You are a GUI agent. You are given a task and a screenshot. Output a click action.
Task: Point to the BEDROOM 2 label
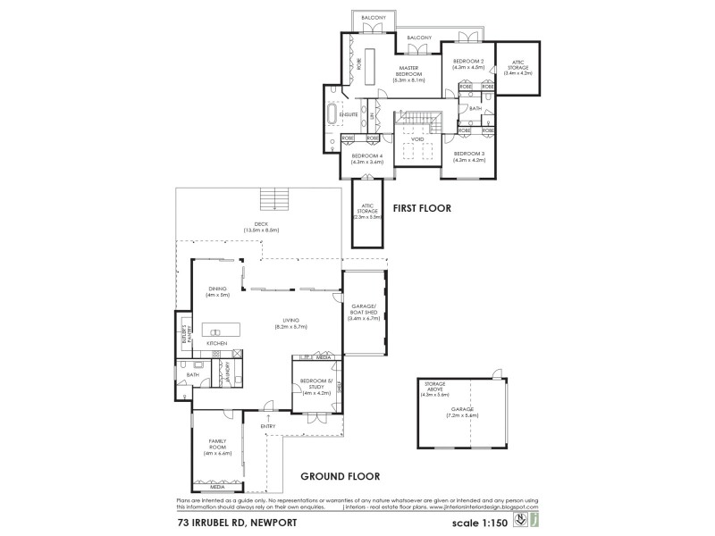tap(468, 61)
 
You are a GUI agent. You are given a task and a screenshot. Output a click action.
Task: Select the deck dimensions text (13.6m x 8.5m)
tap(262, 230)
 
